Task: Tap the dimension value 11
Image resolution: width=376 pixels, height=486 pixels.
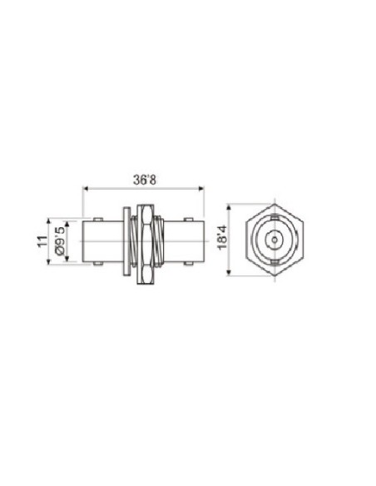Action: [43, 241]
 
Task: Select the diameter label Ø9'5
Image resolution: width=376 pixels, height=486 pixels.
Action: [60, 241]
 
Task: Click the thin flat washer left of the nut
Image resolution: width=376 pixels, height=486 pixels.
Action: [126, 241]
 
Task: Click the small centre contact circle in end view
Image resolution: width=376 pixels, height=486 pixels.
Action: [274, 241]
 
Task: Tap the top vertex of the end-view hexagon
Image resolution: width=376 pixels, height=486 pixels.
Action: [274, 202]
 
